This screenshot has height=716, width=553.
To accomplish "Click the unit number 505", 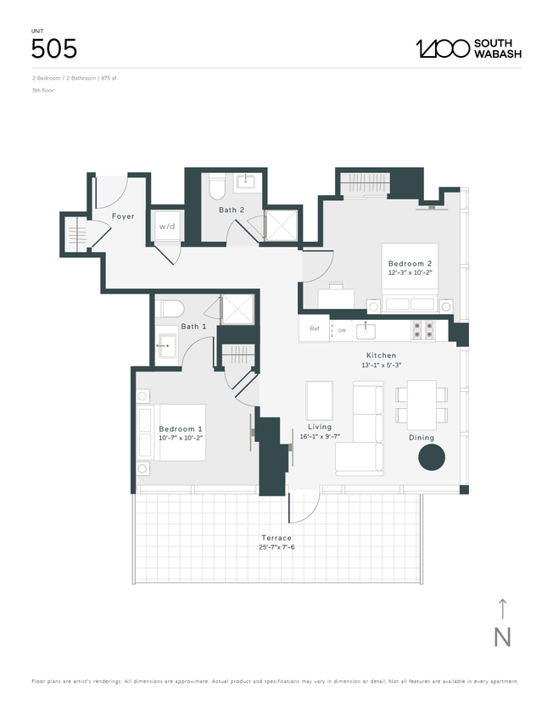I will (54, 48).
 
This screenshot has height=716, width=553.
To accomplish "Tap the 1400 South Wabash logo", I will (468, 48).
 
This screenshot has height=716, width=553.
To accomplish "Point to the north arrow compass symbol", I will (502, 624).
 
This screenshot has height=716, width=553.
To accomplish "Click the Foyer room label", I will (123, 216).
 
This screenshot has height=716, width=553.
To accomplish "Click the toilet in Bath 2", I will (216, 184).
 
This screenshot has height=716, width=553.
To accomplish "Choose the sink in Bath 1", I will (167, 344).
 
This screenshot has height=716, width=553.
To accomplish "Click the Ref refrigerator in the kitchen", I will (314, 329).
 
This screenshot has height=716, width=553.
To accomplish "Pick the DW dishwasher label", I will (342, 329).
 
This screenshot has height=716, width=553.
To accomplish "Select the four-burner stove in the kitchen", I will (422, 328).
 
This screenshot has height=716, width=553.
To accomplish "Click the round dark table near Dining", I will (431, 458).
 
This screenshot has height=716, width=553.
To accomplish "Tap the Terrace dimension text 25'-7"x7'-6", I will (276, 547).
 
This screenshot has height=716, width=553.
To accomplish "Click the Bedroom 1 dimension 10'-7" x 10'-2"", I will (182, 439).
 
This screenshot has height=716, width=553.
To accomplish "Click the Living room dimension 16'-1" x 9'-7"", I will (320, 436).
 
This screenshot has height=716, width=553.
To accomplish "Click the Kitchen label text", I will (381, 355).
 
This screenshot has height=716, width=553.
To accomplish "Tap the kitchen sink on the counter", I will (371, 328).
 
